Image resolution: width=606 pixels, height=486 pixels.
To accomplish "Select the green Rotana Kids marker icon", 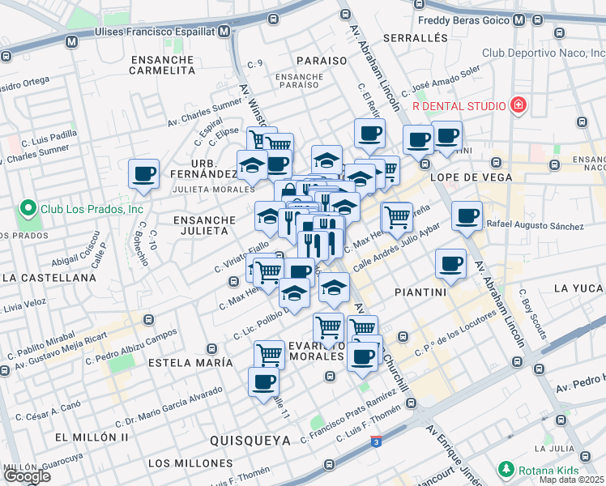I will point(506,469).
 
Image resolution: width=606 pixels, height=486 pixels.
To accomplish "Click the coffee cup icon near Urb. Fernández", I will point(144,173).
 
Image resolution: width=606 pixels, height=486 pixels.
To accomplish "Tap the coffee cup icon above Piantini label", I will point(450,262).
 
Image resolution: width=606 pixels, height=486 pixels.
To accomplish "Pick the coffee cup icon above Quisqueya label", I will point(263,382).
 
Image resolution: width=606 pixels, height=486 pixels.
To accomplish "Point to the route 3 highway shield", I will point(377,441).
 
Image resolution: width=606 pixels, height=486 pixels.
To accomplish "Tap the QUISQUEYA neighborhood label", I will point(250,440).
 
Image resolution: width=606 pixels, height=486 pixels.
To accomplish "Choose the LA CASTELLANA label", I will point(49,277).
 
